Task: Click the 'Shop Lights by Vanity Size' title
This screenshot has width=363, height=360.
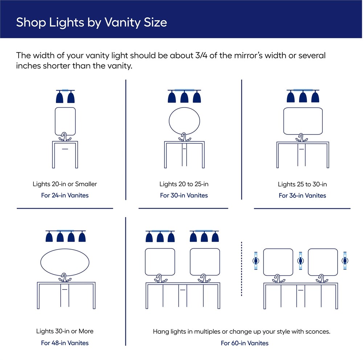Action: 91,23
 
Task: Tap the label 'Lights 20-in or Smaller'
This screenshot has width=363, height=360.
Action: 65,184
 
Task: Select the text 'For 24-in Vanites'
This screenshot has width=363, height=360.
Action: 65,195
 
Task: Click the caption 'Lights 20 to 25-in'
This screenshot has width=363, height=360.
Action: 184,184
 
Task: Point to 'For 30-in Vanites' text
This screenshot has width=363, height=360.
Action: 184,195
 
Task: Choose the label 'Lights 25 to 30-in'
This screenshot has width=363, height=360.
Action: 302,185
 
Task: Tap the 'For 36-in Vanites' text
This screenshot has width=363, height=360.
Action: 302,195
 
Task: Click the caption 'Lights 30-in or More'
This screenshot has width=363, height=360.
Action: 65,331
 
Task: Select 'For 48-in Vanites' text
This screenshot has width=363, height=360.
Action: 65,343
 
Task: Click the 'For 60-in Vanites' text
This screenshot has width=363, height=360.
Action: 245,343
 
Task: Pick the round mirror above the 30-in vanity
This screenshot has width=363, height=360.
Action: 169,121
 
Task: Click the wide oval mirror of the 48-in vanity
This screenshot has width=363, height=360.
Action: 41,263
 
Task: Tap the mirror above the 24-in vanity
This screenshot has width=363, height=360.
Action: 55,121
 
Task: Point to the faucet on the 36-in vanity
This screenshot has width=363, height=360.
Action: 301,138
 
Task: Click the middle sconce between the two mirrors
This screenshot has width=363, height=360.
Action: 301,261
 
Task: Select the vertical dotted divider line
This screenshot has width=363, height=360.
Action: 241,269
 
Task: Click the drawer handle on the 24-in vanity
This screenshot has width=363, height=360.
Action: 65,149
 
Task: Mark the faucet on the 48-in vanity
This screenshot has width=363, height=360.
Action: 65,278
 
